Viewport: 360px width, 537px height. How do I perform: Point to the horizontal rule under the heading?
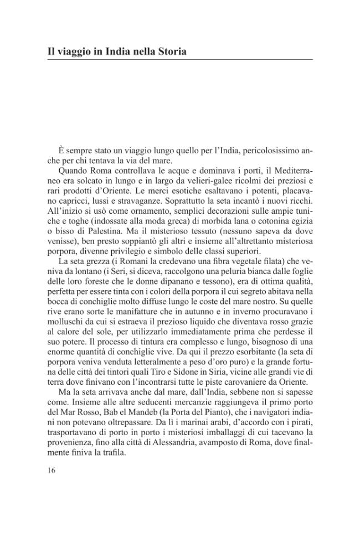click(x=180, y=60)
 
